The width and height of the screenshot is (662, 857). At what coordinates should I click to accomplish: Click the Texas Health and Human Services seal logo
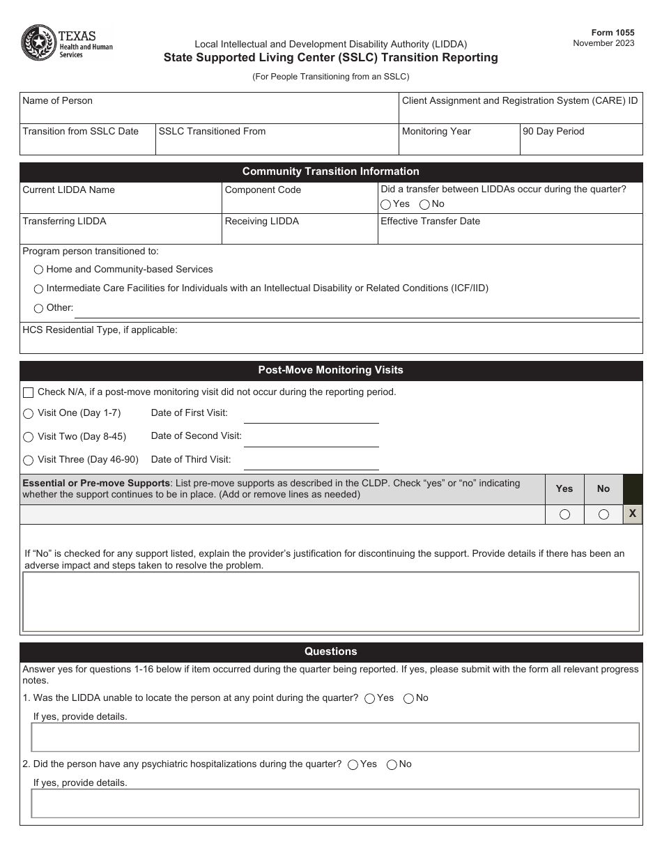pyautogui.click(x=36, y=43)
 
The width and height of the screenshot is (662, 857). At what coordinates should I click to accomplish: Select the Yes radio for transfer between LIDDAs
pyautogui.click(x=385, y=205)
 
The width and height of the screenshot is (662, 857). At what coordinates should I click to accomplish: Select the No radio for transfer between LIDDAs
pyautogui.click(x=424, y=205)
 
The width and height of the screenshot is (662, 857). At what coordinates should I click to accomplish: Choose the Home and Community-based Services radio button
pyautogui.click(x=38, y=270)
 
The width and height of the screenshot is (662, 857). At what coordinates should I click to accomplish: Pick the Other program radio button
pyautogui.click(x=38, y=309)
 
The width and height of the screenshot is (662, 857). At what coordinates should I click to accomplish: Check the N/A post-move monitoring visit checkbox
pyautogui.click(x=29, y=393)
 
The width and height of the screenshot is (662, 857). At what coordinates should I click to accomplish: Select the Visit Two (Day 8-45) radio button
pyautogui.click(x=29, y=437)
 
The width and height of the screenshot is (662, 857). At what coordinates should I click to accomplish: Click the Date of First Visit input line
pyautogui.click(x=311, y=415)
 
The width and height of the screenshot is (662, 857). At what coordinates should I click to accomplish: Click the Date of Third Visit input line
pyautogui.click(x=311, y=462)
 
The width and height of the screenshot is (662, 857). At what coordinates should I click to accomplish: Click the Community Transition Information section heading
pyautogui.click(x=330, y=171)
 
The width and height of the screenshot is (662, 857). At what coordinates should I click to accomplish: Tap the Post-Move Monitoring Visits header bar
pyautogui.click(x=330, y=370)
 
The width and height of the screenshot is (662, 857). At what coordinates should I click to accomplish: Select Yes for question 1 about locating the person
pyautogui.click(x=370, y=699)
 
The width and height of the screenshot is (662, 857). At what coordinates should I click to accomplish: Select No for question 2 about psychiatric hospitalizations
pyautogui.click(x=392, y=765)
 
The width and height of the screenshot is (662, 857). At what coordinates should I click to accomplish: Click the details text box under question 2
pyautogui.click(x=334, y=803)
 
